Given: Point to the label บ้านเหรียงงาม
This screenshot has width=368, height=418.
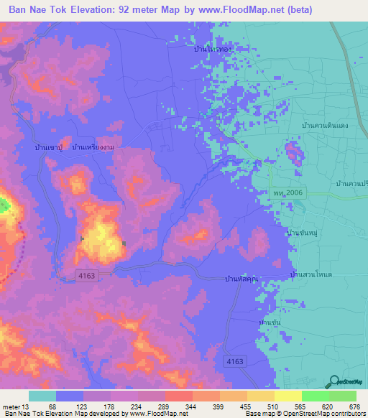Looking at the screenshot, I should (x=93, y=147).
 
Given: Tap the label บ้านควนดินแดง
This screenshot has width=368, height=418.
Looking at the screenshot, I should (x=325, y=125).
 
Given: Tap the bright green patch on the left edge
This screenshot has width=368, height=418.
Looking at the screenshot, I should (x=4, y=206).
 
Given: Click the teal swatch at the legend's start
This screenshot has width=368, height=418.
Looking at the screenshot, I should (x=42, y=396).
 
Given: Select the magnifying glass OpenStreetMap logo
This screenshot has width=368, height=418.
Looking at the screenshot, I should (x=333, y=381).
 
